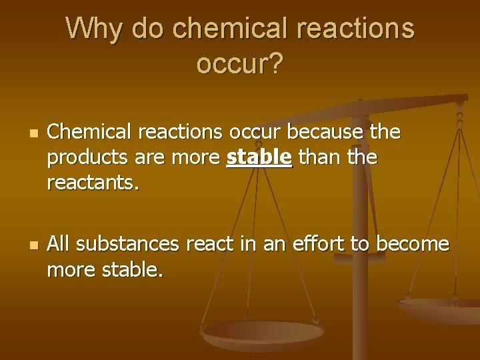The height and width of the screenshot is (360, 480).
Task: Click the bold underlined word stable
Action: [259, 158]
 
